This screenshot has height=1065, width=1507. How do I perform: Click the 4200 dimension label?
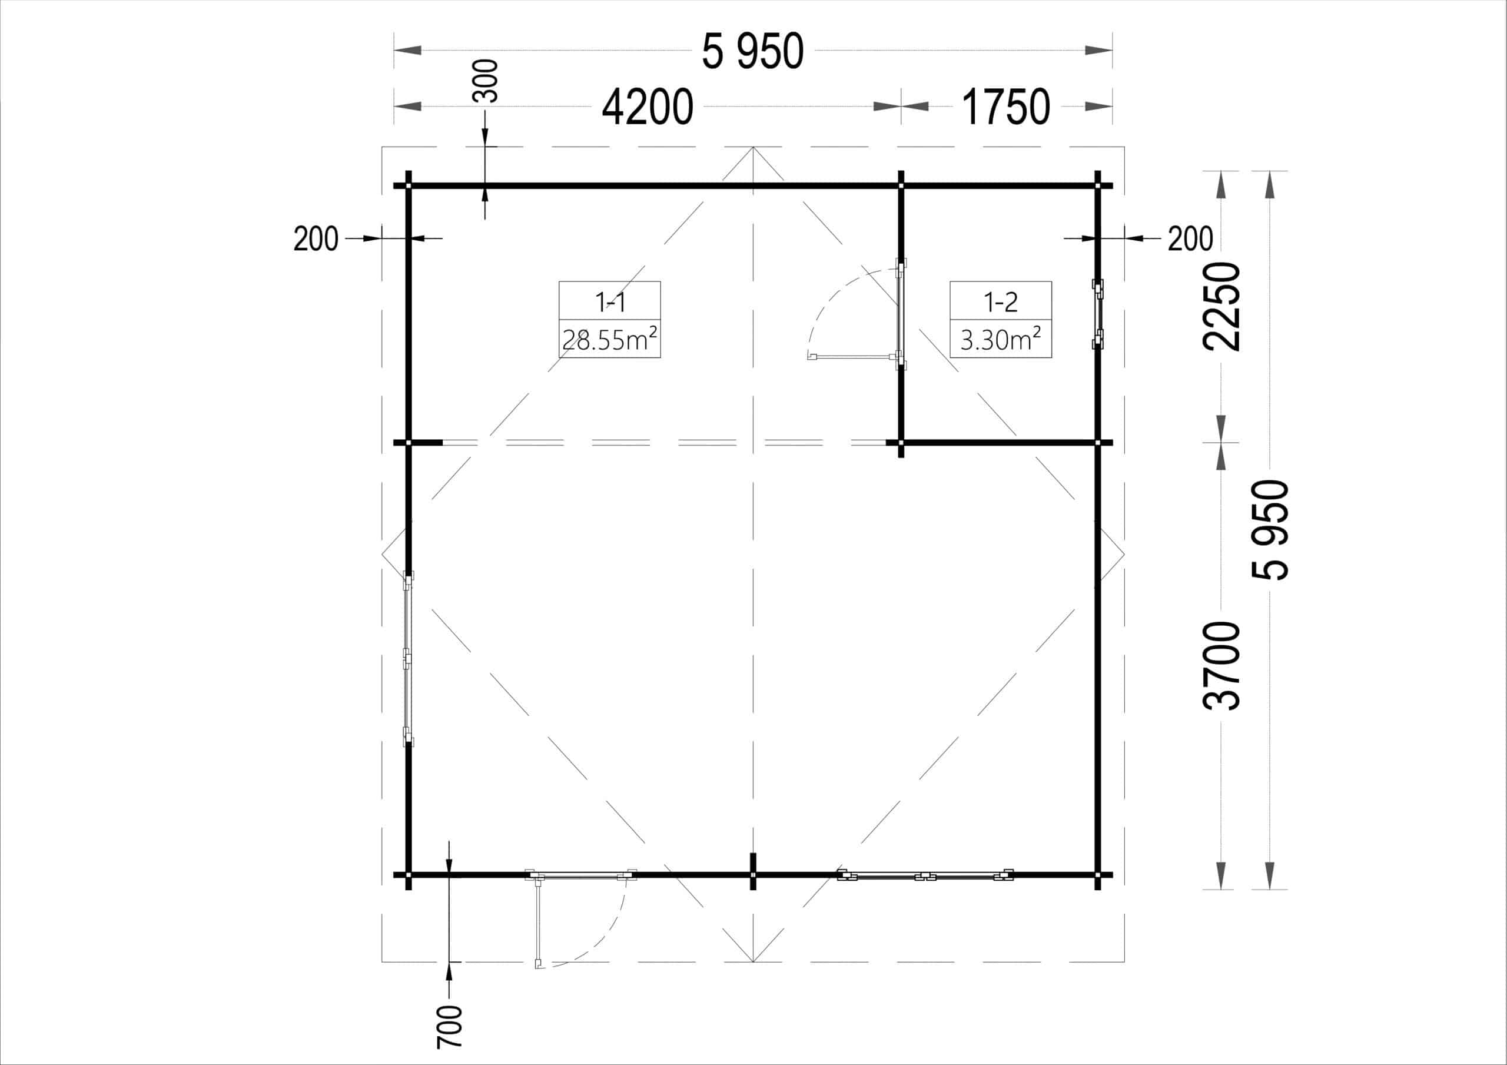[x=647, y=108]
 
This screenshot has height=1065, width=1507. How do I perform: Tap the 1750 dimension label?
[x=1005, y=108]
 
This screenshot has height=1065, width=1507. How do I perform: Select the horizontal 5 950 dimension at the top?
[x=752, y=52]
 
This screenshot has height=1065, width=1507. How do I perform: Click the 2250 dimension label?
[x=1221, y=307]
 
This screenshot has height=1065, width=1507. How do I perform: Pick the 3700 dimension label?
[x=1221, y=666]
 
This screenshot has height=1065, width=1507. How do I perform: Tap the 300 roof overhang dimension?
[x=486, y=81]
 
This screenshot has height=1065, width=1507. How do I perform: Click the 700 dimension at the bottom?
[x=450, y=1027]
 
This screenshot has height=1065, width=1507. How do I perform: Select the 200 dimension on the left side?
[x=316, y=239]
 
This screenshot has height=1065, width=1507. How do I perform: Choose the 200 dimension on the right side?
[x=1190, y=239]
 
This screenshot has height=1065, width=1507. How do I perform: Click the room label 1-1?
[x=610, y=302]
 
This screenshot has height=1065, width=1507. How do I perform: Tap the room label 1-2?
[x=1000, y=302]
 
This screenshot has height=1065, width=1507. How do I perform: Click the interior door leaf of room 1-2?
[x=852, y=357]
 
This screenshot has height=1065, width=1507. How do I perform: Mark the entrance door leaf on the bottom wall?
[x=538, y=923]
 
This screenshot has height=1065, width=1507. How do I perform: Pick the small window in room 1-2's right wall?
[x=1097, y=314]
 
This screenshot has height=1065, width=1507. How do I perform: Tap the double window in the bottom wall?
[x=925, y=875]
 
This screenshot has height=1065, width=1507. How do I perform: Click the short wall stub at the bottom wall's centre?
[x=753, y=871]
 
